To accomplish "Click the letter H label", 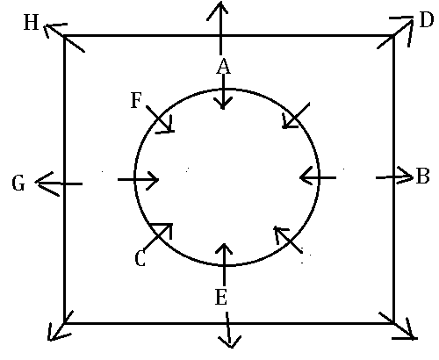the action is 32,23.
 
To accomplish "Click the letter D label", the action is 426,20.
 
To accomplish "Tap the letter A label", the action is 223,66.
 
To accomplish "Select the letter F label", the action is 136,100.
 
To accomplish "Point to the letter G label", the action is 18,184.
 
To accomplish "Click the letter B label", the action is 422,176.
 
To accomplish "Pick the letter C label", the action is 140,259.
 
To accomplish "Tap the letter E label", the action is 221,297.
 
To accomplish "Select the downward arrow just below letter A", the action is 223,91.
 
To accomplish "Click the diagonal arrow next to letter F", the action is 160,119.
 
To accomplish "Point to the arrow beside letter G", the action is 59,184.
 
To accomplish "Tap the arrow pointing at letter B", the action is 394,176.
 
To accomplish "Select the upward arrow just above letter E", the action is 224,264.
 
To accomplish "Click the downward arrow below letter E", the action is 228,330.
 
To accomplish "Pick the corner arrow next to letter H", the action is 64,37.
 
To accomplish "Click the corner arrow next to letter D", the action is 395,32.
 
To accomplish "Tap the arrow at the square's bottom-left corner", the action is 60,326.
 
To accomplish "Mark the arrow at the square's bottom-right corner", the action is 398,326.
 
